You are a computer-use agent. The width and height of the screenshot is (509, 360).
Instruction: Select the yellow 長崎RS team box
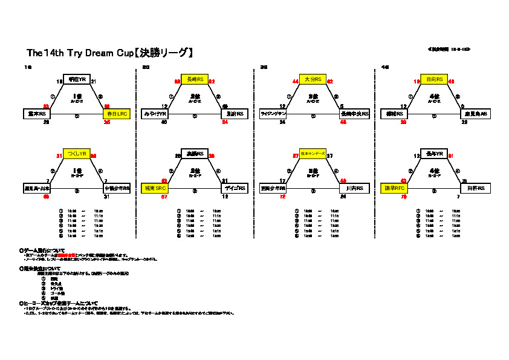(195, 79)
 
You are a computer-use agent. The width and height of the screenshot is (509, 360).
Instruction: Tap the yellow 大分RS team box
(313, 79)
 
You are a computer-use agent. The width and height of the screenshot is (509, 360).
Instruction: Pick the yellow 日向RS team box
(434, 79)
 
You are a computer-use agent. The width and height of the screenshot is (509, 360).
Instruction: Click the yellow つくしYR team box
(77, 154)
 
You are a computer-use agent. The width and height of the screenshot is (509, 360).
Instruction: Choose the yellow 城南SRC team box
(155, 189)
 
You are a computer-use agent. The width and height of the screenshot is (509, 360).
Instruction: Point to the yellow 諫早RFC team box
(394, 189)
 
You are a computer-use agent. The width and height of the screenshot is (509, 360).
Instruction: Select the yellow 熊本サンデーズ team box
(313, 154)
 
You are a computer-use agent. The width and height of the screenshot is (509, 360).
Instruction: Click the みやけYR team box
(155, 114)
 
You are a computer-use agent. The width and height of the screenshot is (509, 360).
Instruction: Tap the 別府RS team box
(234, 114)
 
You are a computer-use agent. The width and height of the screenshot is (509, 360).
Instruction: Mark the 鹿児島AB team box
(473, 114)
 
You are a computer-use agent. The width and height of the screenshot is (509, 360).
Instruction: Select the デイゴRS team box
(234, 189)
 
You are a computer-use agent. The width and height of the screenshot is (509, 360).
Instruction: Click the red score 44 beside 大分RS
(296, 81)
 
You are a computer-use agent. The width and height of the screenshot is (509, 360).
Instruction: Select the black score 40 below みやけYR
(164, 122)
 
